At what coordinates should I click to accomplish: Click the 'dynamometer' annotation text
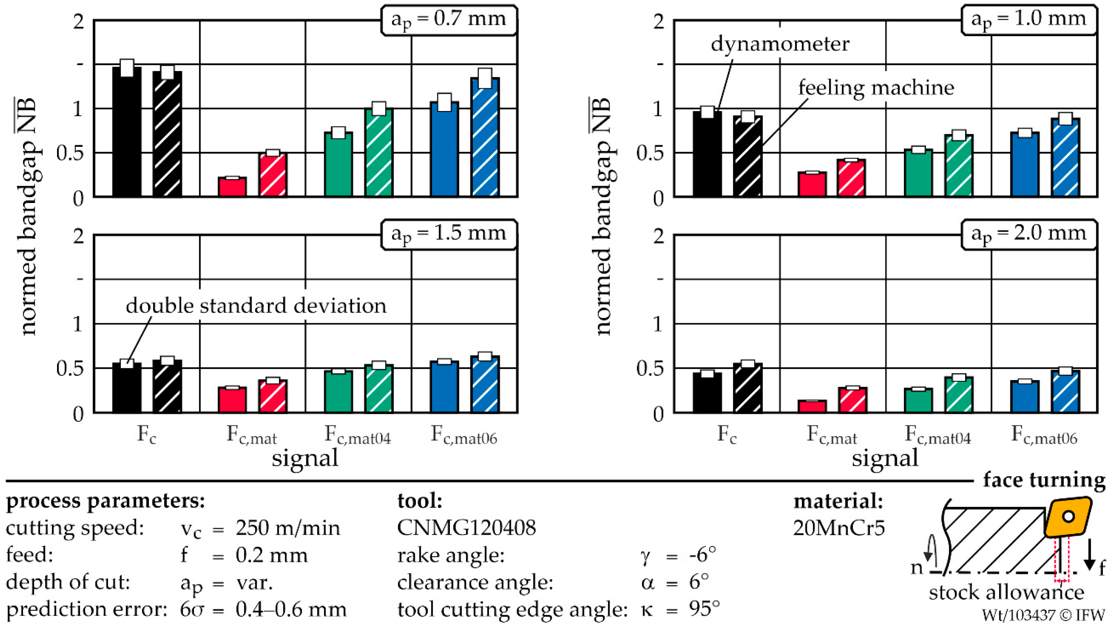click(x=780, y=44)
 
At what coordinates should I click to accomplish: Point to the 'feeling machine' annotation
click(x=876, y=88)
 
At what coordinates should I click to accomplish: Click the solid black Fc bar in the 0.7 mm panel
click(x=127, y=132)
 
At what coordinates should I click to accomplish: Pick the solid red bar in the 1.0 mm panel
click(x=812, y=184)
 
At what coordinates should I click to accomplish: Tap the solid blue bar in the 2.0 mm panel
click(x=1025, y=396)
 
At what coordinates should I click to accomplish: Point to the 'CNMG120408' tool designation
click(x=467, y=528)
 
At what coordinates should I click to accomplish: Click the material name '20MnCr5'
click(x=839, y=528)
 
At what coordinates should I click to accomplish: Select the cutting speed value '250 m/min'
click(x=288, y=528)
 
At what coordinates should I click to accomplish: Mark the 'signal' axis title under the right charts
click(x=885, y=458)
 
